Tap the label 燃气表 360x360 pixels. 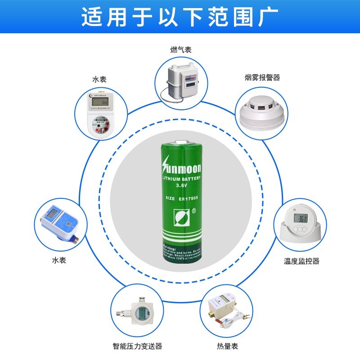(x=181, y=49)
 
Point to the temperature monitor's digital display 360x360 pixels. (x=301, y=219)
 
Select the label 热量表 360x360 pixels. (x=227, y=346)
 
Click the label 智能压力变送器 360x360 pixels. (x=137, y=346)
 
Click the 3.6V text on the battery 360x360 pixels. (x=181, y=185)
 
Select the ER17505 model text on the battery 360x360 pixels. (x=188, y=198)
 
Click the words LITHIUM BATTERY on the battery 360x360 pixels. (x=181, y=179)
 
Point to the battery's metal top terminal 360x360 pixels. (x=182, y=143)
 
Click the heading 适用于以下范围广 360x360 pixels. (x=180, y=18)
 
